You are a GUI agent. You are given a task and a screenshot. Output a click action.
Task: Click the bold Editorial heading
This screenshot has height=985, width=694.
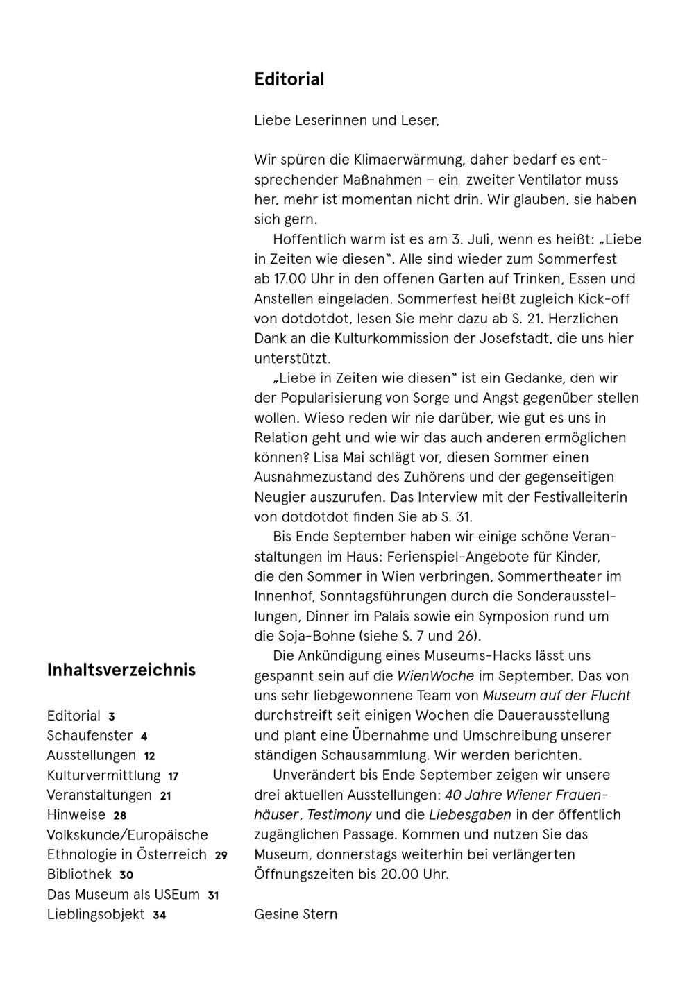point(289,79)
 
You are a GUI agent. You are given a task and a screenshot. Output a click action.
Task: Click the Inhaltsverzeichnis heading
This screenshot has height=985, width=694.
point(121,670)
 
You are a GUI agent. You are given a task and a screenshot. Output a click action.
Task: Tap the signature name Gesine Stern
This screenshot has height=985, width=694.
point(296,914)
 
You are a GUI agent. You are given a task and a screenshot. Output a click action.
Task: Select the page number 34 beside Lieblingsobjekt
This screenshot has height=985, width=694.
point(160,916)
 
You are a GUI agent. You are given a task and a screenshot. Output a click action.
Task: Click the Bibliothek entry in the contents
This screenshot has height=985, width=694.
point(79,875)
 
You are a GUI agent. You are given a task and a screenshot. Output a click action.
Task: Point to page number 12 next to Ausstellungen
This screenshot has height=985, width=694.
point(150,757)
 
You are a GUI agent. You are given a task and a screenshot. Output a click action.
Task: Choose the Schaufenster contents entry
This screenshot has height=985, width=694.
point(90,736)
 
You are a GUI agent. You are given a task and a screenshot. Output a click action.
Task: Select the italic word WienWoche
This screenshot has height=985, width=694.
point(435,676)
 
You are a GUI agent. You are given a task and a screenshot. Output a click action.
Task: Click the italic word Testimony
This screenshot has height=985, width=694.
point(339,815)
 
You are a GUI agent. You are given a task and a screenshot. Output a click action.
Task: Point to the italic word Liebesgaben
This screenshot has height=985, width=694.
point(470,815)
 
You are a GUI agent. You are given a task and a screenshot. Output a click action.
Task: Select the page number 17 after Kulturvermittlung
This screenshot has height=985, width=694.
point(173,777)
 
